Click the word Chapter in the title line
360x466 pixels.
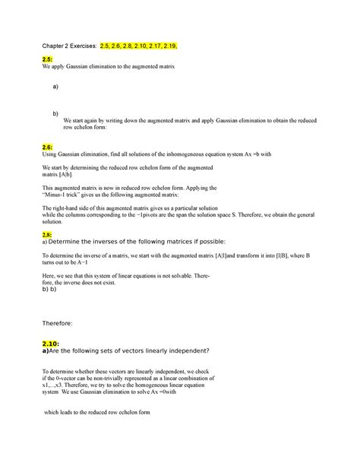(x=57, y=46)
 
